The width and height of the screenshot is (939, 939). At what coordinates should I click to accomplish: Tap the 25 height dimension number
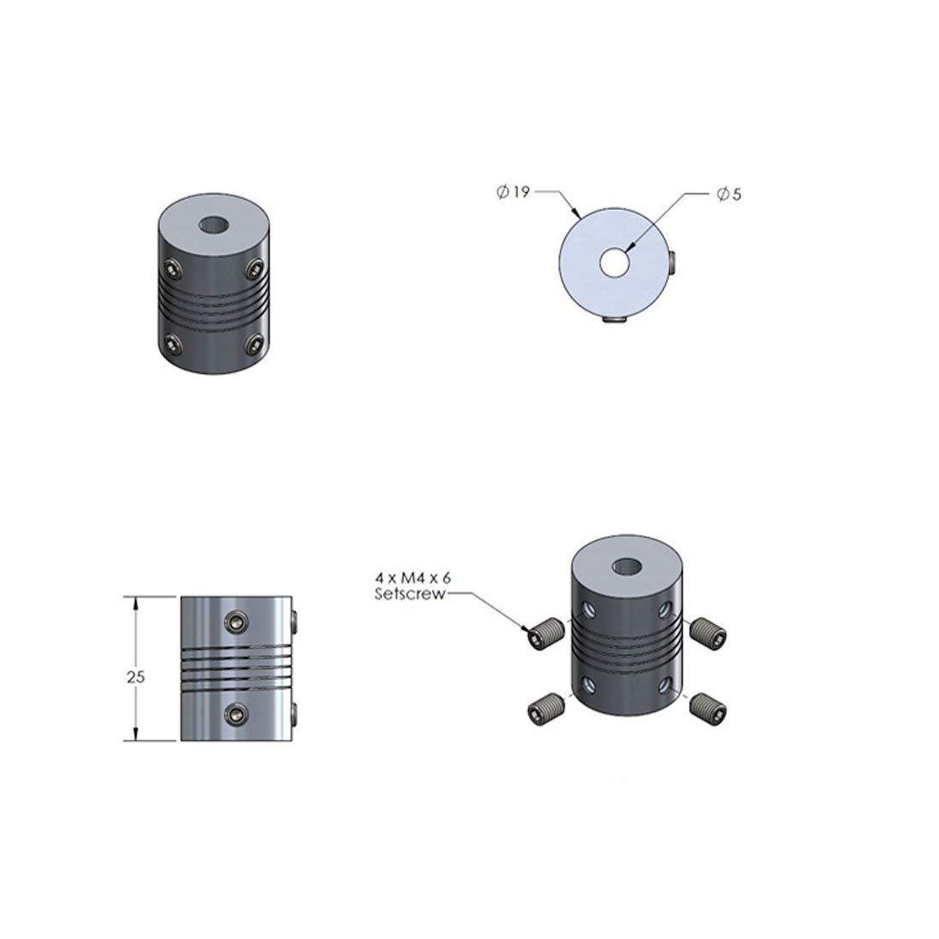click(x=135, y=677)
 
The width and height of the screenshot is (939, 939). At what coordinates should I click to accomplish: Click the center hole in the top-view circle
click(x=613, y=263)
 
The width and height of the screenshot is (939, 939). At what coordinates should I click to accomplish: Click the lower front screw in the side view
click(x=234, y=711)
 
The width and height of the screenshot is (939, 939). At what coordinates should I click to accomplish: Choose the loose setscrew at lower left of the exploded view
click(x=541, y=707)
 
